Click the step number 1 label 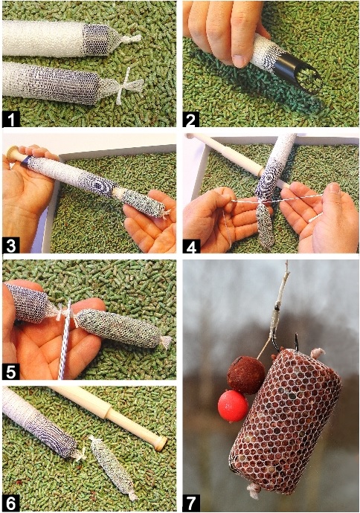coord(10,119)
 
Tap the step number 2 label coord(191,119)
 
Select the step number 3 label coord(10,245)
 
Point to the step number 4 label coord(191,245)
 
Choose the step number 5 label coord(10,372)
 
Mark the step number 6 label coord(10,504)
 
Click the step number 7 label coord(191,504)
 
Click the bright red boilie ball coord(233,406)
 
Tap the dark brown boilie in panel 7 coord(245,375)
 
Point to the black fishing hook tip coord(296,335)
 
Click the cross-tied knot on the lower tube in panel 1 coord(128,85)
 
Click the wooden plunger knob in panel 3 coord(13,153)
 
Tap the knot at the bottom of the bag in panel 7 coord(253,489)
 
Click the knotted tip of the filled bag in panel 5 coord(166,342)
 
